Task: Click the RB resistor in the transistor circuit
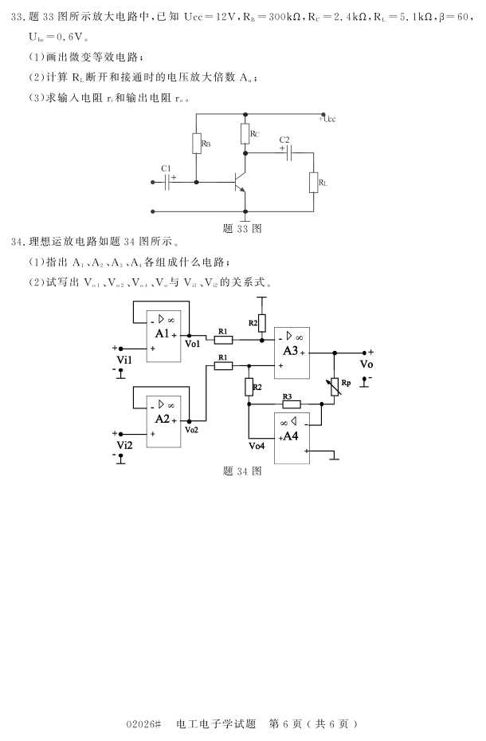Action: click(x=196, y=144)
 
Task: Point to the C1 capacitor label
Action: click(x=166, y=168)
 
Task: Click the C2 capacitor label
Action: click(x=284, y=140)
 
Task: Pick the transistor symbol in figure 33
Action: click(x=240, y=183)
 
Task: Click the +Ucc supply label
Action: click(x=327, y=119)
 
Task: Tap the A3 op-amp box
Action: click(x=292, y=351)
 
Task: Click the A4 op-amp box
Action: click(x=292, y=438)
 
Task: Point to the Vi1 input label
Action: click(x=124, y=360)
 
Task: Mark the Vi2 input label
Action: click(x=124, y=444)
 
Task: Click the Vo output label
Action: click(x=366, y=364)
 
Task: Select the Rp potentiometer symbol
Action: click(x=335, y=384)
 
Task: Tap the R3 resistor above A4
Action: click(x=291, y=404)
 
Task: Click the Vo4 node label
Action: click(x=257, y=446)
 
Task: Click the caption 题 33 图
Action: click(x=242, y=228)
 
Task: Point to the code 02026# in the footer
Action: click(x=143, y=724)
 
